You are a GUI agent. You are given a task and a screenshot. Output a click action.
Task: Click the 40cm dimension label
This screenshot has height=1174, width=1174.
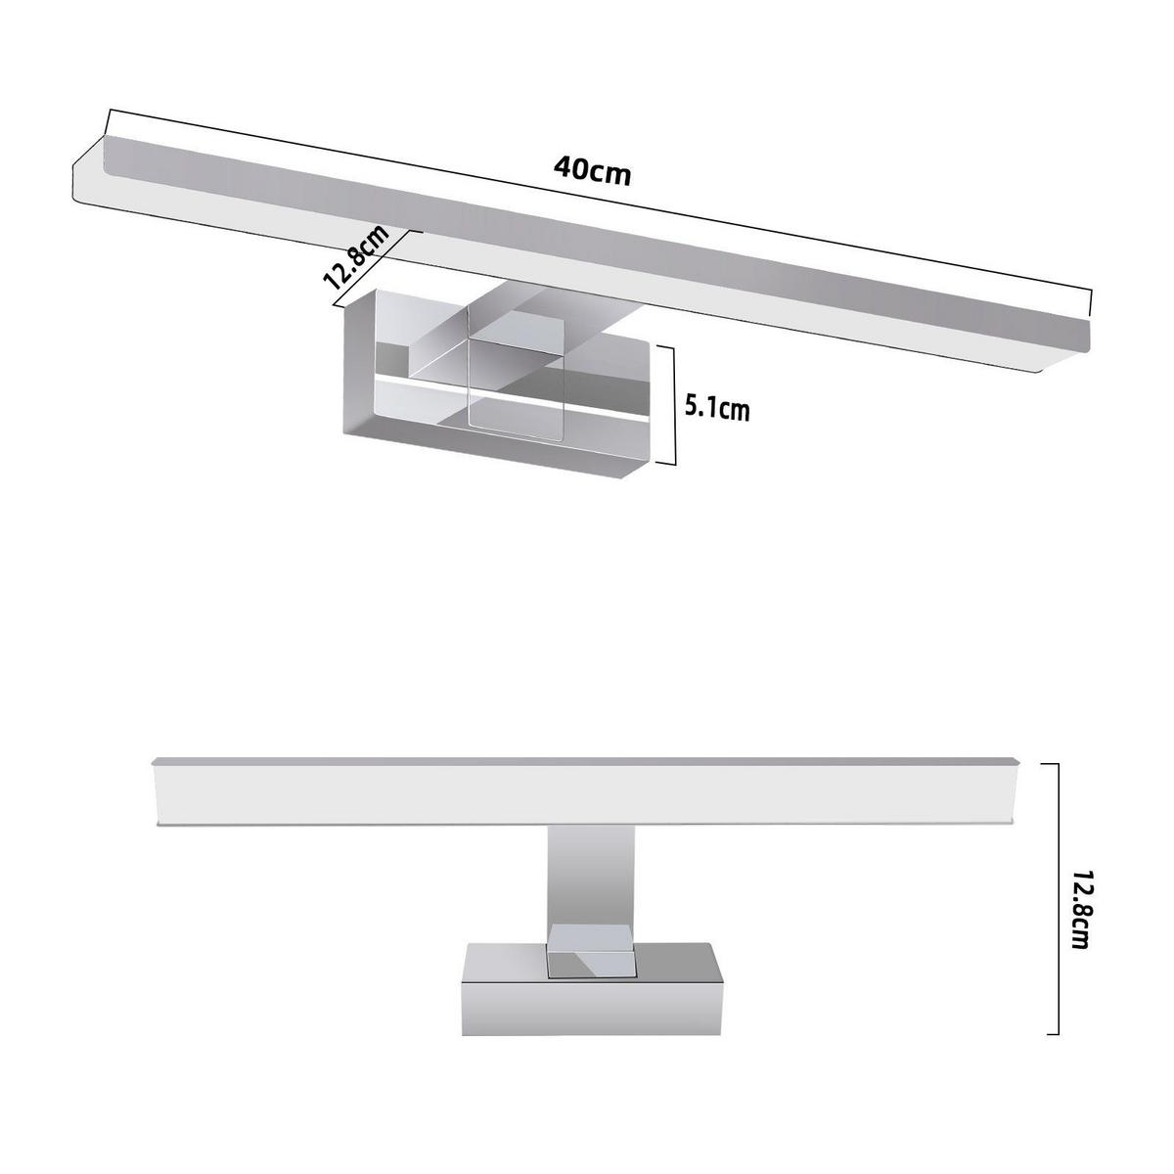(x=592, y=171)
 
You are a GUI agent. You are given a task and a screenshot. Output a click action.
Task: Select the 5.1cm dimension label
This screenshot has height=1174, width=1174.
(x=717, y=408)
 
